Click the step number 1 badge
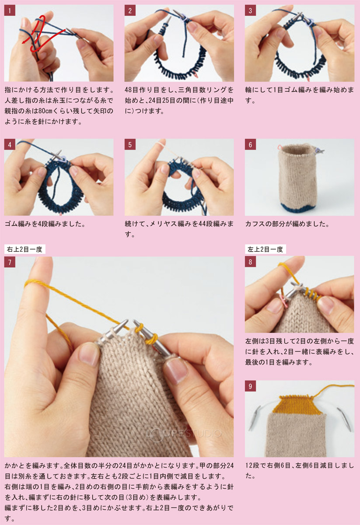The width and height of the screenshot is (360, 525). (x=10, y=10)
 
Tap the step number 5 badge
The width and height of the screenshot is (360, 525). (x=130, y=145)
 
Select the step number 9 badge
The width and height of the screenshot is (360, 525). (x=250, y=386)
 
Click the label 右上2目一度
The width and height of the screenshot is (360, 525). (x=24, y=249)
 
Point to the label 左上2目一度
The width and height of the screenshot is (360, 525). (x=266, y=249)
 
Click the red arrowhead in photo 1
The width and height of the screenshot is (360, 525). (x=24, y=41)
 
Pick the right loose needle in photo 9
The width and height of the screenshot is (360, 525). (x=344, y=420)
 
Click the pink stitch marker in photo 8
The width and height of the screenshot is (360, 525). (x=284, y=301)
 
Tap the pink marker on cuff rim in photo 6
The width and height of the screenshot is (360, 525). (x=280, y=147)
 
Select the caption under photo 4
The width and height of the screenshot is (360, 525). (x=45, y=224)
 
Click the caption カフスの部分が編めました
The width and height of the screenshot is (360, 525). (x=287, y=224)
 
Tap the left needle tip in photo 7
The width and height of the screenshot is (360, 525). (x=126, y=321)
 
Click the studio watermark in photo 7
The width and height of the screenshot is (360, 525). (x=184, y=434)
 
